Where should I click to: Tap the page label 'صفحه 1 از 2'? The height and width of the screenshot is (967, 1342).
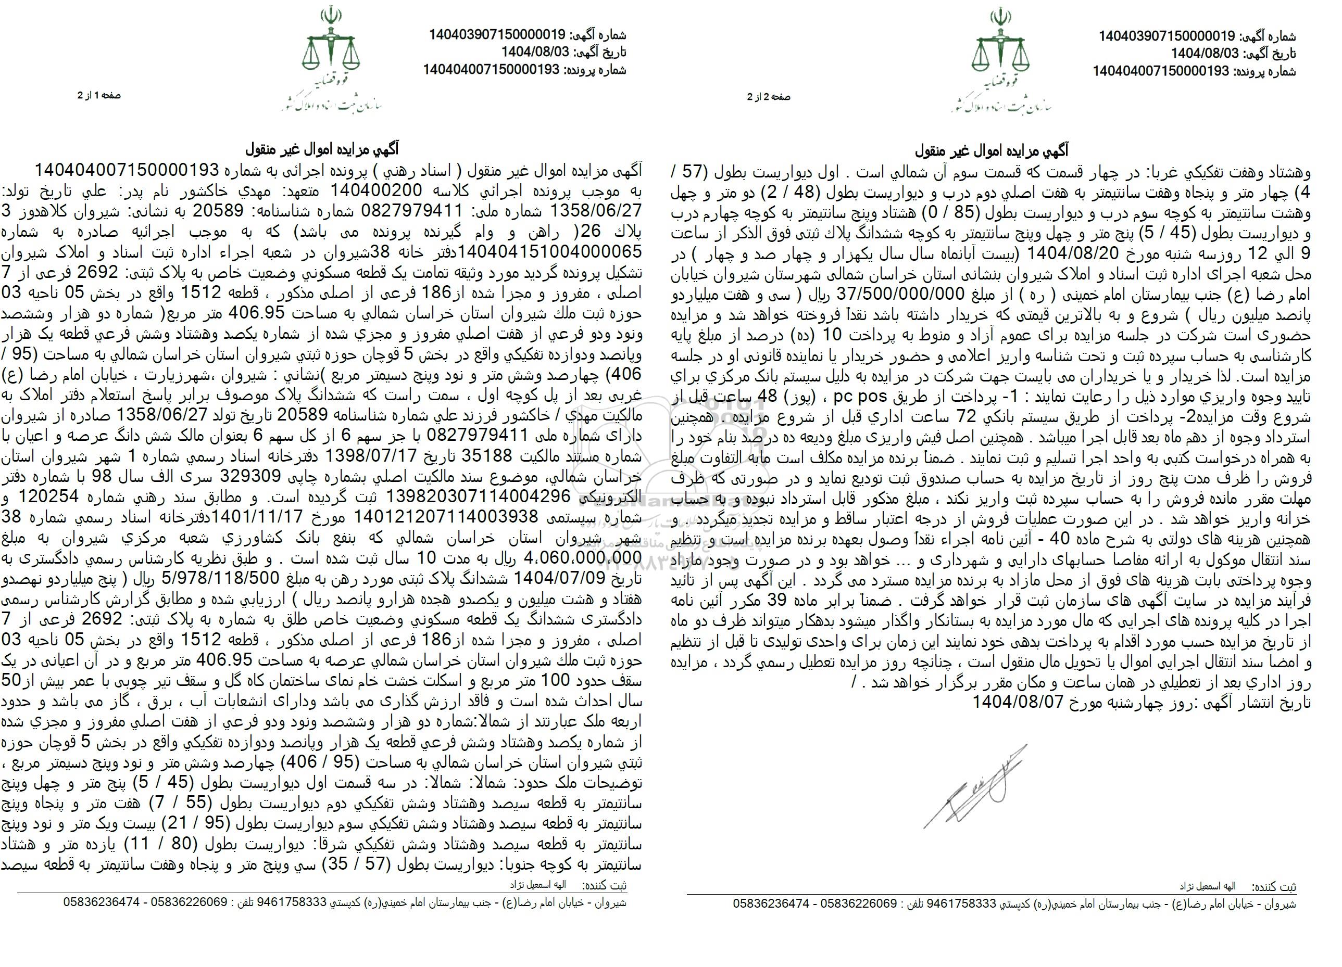click(99, 95)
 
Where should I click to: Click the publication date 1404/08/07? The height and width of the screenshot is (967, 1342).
click(1018, 703)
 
